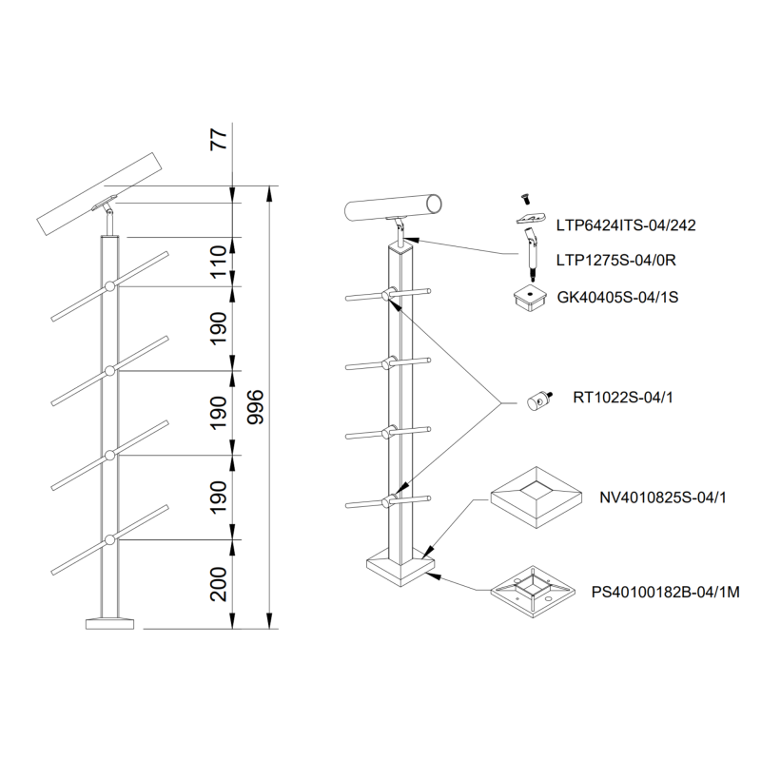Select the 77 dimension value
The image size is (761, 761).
[x=219, y=139]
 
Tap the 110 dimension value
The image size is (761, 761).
[x=219, y=261]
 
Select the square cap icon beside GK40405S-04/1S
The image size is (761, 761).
[x=526, y=298]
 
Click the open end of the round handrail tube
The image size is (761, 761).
[x=435, y=203]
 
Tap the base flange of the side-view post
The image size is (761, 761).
[x=110, y=624]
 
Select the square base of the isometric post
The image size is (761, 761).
[x=400, y=569]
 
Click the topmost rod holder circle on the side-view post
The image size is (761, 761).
[x=110, y=285]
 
